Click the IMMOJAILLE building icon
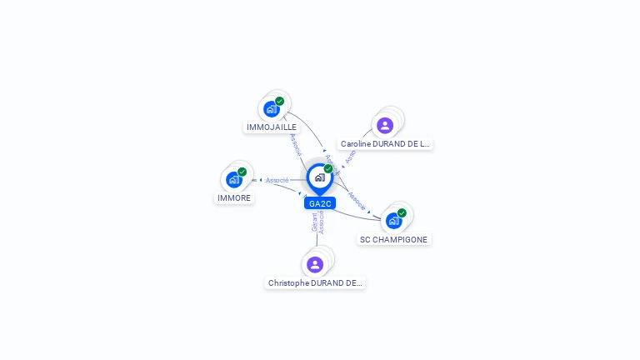point(271,109)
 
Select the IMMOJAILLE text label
point(272,127)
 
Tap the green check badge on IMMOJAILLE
point(280,101)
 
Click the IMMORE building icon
point(234,180)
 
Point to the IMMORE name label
point(234,198)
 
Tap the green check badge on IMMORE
point(242,172)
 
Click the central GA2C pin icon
point(319,177)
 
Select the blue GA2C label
point(320,203)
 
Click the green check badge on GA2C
point(328,168)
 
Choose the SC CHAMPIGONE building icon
point(393,221)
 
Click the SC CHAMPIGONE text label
point(393,240)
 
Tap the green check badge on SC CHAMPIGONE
point(402,212)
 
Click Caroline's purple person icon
point(385,126)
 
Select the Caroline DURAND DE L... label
point(385,144)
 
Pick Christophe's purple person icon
point(315,265)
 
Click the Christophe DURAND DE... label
point(315,283)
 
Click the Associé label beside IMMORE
point(277,180)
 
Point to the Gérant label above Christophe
point(315,222)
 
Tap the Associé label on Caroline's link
point(351,156)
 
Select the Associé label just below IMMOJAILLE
point(295,143)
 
